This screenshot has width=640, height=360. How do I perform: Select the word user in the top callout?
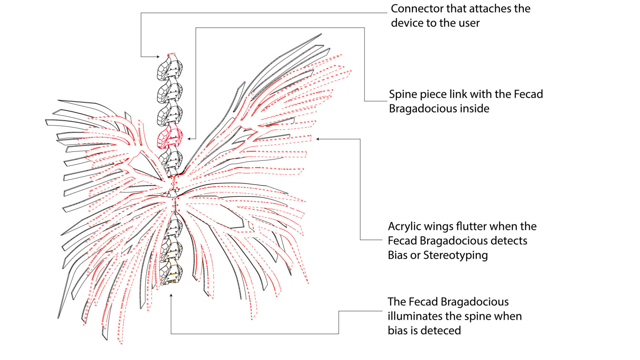click(468, 23)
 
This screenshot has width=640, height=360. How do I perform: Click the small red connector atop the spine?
click(171, 55)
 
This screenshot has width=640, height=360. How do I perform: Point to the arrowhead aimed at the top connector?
click(157, 57)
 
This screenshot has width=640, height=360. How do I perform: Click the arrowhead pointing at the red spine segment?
click(189, 139)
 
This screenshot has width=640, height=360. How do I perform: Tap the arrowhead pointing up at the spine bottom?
click(171, 295)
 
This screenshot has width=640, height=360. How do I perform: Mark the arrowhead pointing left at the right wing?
click(318, 139)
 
